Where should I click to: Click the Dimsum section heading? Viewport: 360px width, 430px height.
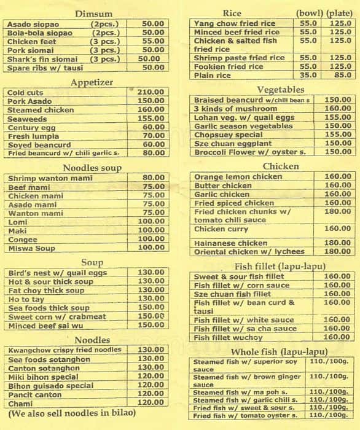[93, 14]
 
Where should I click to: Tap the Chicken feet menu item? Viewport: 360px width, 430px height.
[31, 41]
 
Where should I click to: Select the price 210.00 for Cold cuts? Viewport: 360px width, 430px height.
[151, 92]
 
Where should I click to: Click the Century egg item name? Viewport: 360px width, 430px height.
[32, 127]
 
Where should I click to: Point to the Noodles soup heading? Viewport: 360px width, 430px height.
[92, 167]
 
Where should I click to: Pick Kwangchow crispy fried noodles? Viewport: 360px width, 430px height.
[65, 350]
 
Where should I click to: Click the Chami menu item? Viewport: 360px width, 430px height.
[22, 404]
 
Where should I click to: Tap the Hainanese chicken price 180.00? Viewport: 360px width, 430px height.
[337, 243]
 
